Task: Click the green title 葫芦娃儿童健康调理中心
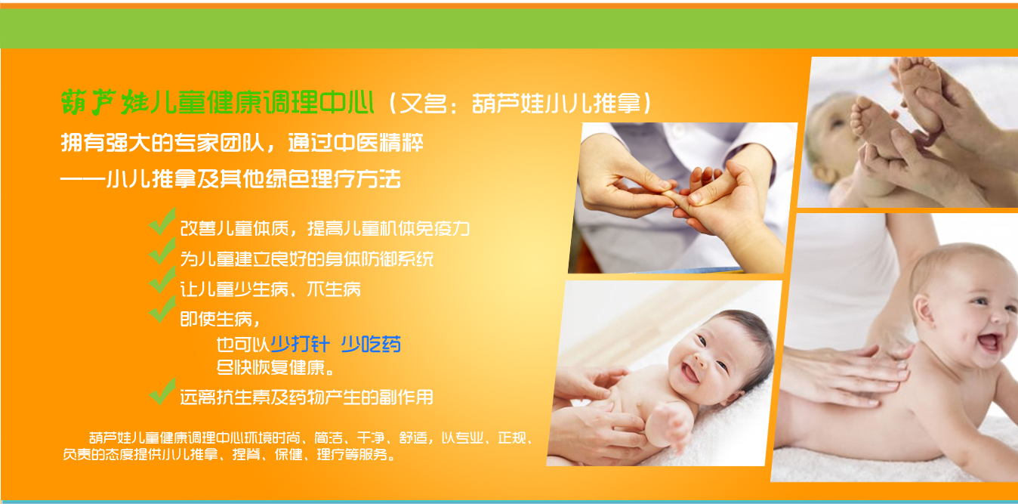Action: pos(217,102)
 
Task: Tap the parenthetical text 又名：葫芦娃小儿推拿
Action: pos(521,104)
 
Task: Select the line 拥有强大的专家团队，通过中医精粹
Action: pos(242,142)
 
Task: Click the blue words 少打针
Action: pos(300,344)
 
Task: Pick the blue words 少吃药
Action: pos(371,344)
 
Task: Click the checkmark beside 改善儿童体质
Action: pos(162,221)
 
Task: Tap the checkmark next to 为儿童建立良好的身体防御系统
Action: pos(162,251)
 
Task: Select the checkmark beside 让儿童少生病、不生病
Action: pos(162,280)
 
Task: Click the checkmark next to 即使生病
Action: pos(162,309)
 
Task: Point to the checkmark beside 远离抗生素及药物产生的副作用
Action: pos(162,391)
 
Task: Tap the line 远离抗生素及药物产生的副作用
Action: pos(307,397)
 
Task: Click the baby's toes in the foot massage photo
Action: pos(861,116)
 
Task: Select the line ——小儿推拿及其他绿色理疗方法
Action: pos(230,178)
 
